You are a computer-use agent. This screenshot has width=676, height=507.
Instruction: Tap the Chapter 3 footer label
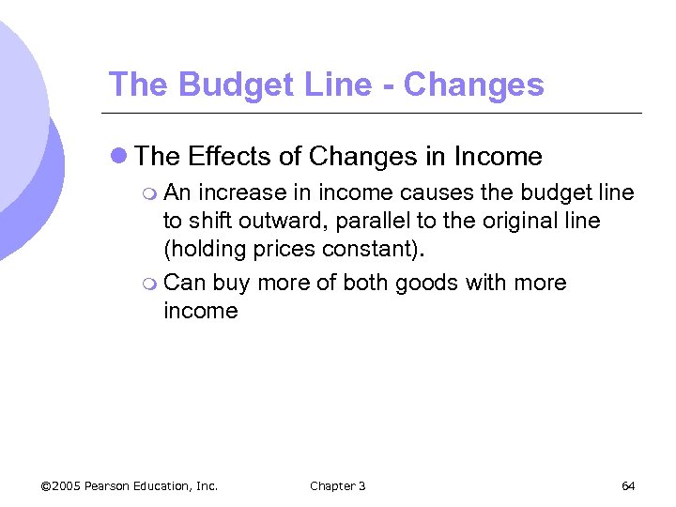[x=337, y=485]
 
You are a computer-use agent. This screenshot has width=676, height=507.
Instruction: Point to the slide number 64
[x=628, y=485]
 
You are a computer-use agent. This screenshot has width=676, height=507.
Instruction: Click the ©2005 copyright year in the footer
[x=60, y=485]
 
